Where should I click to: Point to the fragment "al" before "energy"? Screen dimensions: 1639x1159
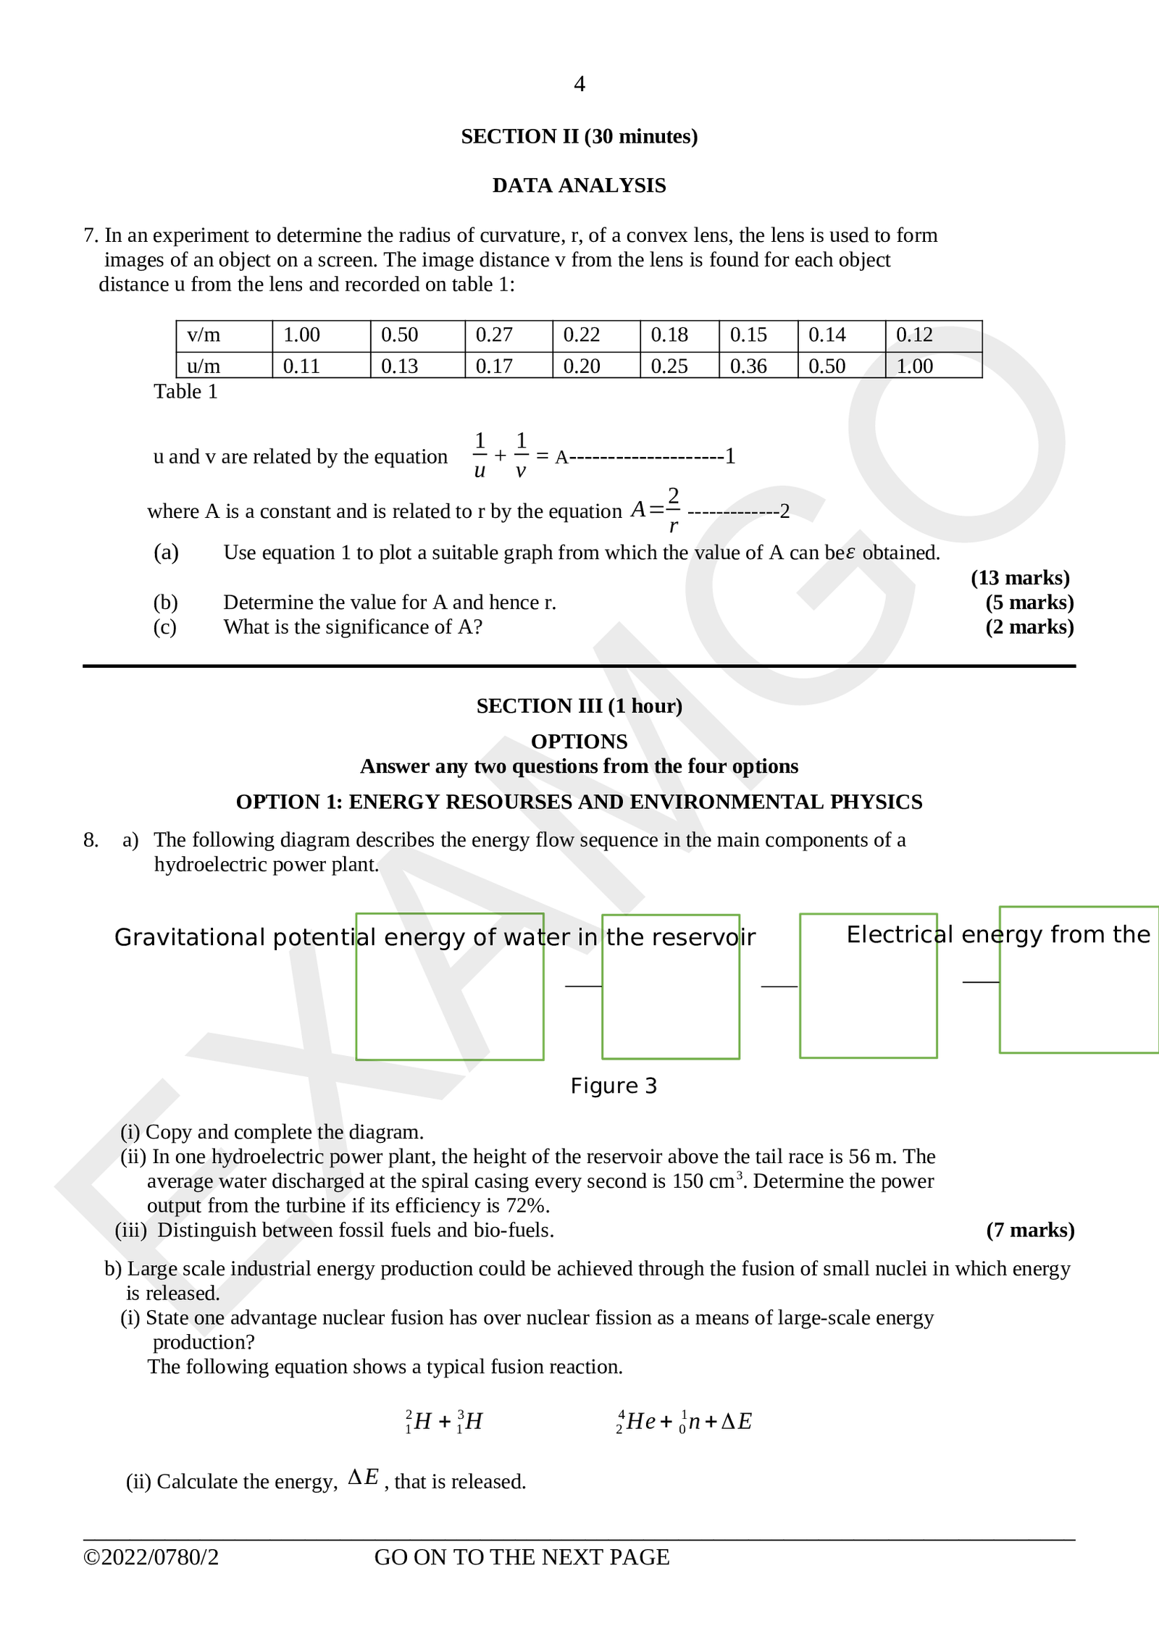367,937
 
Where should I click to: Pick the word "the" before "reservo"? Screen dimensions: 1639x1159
625,937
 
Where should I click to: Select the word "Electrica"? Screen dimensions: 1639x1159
893,935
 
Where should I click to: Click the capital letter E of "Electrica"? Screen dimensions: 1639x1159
853,935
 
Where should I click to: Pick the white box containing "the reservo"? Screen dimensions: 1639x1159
671,1007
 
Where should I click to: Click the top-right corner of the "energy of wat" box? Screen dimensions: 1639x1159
544,914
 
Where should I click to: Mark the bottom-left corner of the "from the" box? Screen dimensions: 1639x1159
1000,1053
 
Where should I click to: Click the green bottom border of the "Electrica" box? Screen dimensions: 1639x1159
868,1059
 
